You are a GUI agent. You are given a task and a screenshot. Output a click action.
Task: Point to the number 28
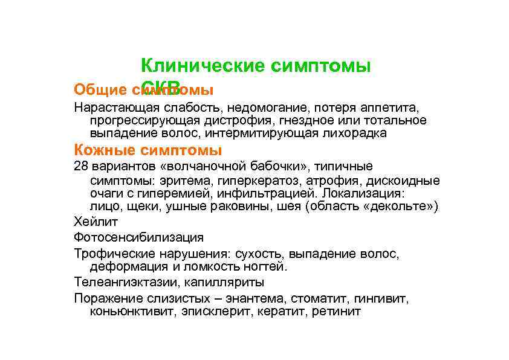81,166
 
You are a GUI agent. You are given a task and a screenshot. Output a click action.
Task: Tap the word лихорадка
356,133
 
